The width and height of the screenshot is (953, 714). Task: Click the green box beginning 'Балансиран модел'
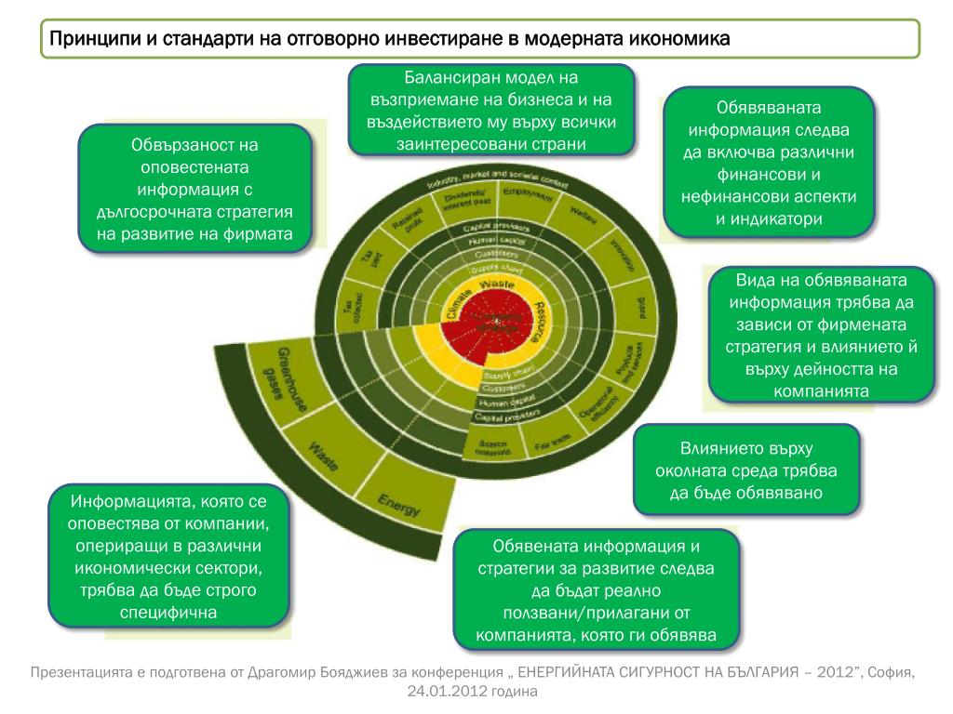click(492, 109)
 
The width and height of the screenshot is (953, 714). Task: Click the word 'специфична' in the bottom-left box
click(168, 613)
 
